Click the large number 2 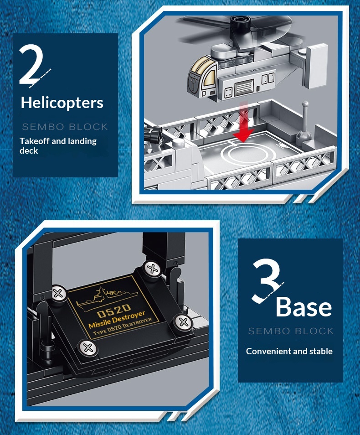31,64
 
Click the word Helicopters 62,103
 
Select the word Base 303,307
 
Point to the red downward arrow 243,122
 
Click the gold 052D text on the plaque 114,310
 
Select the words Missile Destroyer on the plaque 117,320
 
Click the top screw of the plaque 152,269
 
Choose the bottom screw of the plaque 87,348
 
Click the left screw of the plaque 58,294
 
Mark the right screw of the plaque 183,322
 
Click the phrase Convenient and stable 289,351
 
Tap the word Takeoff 35,141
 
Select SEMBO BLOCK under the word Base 291,331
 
